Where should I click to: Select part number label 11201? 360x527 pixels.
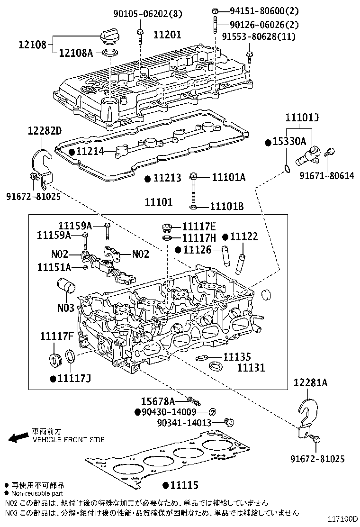point(167,35)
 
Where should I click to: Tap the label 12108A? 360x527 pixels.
point(76,53)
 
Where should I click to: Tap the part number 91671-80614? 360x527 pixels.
point(327,176)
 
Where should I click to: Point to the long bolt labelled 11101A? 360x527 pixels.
point(194,190)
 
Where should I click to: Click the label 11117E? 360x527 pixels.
point(198,227)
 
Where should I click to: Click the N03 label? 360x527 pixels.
point(66,308)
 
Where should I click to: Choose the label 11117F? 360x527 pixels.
point(56,336)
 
